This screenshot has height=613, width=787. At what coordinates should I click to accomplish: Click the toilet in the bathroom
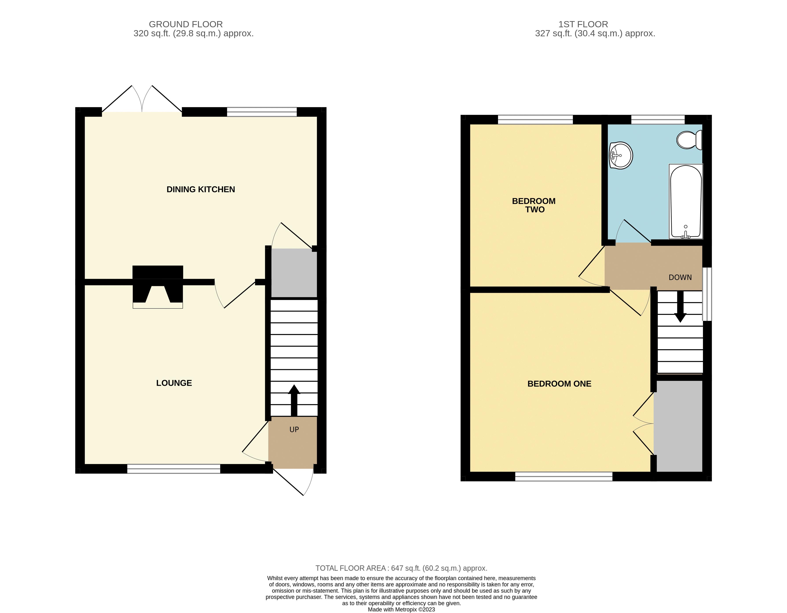tap(689, 140)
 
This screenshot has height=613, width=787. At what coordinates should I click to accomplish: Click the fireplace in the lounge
tap(158, 287)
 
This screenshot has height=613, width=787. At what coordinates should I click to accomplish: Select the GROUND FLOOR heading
tap(186, 24)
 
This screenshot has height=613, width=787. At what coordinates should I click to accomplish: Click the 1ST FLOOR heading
tap(583, 24)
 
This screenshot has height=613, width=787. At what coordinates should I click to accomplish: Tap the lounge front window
tap(174, 468)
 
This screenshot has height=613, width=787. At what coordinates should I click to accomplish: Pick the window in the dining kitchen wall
tap(262, 112)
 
